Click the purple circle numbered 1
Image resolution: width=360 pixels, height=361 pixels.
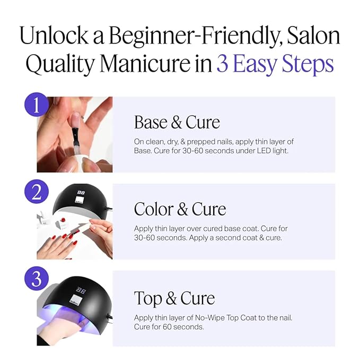point(37,106)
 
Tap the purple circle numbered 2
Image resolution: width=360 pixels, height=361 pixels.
point(37,192)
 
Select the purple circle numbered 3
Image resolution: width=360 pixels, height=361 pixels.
point(37,279)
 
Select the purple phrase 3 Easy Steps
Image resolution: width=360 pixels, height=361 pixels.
point(275,64)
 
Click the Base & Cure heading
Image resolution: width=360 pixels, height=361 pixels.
point(177,122)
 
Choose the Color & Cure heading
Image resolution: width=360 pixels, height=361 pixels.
point(180,209)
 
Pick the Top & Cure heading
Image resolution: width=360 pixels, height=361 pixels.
point(174,298)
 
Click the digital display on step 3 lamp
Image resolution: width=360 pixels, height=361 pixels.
point(82,291)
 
